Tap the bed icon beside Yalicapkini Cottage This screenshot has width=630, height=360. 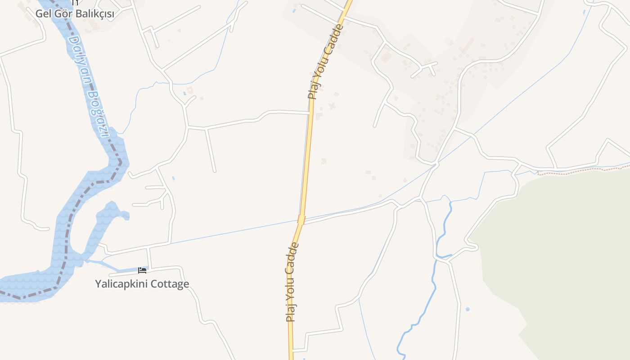click(142, 270)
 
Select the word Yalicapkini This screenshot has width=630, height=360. click(121, 284)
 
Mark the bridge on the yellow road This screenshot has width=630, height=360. click(301, 220)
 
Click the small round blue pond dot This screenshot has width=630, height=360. click(468, 309)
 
